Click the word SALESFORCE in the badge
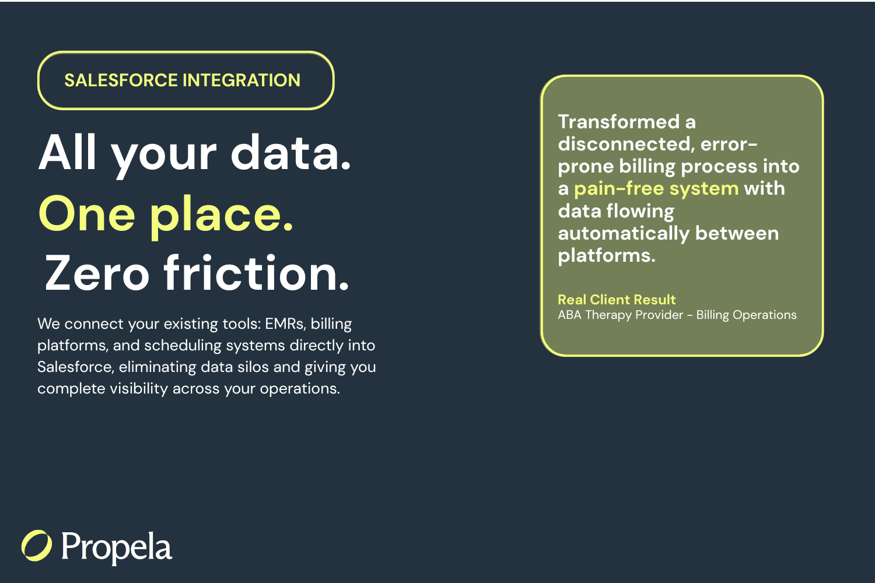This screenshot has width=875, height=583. click(121, 80)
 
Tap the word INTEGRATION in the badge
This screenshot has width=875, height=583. click(242, 80)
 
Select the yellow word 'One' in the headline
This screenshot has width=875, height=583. click(87, 214)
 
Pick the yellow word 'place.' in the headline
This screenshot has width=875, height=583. click(222, 217)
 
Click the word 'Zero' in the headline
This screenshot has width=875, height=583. click(97, 273)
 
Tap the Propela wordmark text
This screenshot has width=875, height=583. click(117, 547)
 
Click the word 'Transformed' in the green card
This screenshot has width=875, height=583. click(619, 122)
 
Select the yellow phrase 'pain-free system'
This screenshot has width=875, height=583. click(656, 189)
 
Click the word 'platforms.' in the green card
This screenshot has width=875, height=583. click(607, 256)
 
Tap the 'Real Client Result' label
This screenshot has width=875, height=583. click(617, 300)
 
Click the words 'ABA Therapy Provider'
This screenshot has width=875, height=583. click(620, 315)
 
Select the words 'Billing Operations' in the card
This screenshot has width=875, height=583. click(747, 315)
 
